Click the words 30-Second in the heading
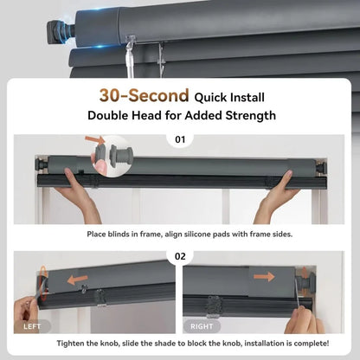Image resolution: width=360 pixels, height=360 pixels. pyautogui.click(x=144, y=95)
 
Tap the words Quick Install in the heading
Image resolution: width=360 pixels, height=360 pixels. pyautogui.click(x=229, y=98)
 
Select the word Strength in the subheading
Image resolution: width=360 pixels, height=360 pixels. pyautogui.click(x=251, y=115)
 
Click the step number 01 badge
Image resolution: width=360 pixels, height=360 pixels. pyautogui.click(x=180, y=139)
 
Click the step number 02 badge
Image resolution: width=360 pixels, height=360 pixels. pyautogui.click(x=180, y=256)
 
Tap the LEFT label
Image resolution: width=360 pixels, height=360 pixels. pyautogui.click(x=32, y=326)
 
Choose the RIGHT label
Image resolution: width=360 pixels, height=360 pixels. pyautogui.click(x=202, y=326)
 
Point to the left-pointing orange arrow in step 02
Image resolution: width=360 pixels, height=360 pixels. pyautogui.click(x=77, y=280)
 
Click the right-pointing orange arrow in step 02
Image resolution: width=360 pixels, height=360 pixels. pyautogui.click(x=264, y=277)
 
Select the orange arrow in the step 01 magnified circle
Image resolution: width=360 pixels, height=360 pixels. pyautogui.click(x=95, y=140)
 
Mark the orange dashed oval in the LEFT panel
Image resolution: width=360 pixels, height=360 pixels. pyautogui.click(x=43, y=284)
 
